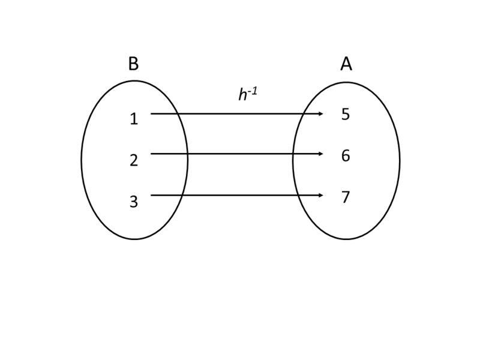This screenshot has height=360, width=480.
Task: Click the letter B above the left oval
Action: (133, 64)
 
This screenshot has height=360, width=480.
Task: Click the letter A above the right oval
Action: (346, 64)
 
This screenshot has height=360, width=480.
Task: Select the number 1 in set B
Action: (134, 119)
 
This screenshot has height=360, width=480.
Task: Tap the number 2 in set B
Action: (134, 160)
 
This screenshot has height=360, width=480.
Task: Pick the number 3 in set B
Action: (134, 202)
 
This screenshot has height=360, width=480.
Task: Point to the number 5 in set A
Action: (346, 115)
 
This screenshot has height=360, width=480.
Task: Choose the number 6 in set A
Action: (346, 156)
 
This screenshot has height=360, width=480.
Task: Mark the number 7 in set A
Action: (346, 197)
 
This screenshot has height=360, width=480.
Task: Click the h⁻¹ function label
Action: (247, 94)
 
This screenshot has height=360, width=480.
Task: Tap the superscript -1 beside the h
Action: (253, 91)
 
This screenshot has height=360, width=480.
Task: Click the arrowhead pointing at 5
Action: (321, 113)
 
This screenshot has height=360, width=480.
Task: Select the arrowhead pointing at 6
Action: (321, 154)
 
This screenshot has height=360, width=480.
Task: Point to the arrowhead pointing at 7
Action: (321, 195)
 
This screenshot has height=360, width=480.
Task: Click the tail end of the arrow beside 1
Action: (151, 113)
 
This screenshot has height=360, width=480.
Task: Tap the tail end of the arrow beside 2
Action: (151, 154)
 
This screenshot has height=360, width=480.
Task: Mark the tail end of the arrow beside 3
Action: (151, 195)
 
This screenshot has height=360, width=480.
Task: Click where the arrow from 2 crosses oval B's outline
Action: (187, 154)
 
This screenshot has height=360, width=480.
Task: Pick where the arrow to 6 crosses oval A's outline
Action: (293, 154)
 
